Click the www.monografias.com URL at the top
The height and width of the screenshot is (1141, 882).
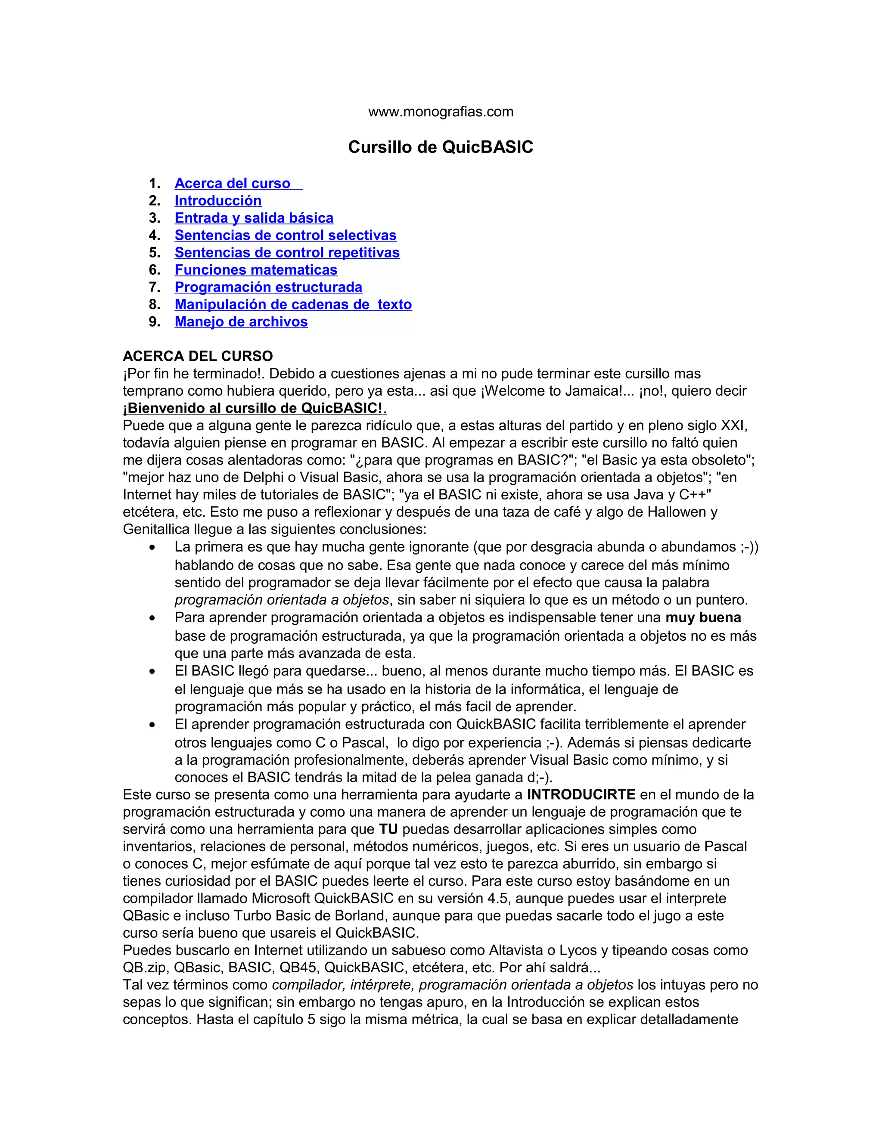[x=441, y=112]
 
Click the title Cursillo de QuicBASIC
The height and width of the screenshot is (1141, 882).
[x=441, y=147]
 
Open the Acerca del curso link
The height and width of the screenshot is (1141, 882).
[x=233, y=183]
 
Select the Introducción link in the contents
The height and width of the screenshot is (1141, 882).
[x=218, y=201]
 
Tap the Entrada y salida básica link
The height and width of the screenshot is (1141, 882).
[x=254, y=218]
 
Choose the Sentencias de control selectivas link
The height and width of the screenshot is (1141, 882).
[x=285, y=235]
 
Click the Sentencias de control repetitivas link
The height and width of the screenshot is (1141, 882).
[x=287, y=252]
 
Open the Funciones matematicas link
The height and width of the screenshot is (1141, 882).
[x=256, y=270]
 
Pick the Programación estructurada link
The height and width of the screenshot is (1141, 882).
[x=268, y=287]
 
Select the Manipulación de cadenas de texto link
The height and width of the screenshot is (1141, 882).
[x=293, y=304]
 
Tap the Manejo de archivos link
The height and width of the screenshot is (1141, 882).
[x=241, y=321]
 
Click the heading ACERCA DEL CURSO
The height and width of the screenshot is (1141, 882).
[x=198, y=357]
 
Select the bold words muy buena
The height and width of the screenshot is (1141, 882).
[x=703, y=617]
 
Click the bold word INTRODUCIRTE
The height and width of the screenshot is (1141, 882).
[x=581, y=795]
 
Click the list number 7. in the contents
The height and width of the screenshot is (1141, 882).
[x=155, y=287]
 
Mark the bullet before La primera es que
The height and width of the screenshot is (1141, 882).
[x=152, y=548]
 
